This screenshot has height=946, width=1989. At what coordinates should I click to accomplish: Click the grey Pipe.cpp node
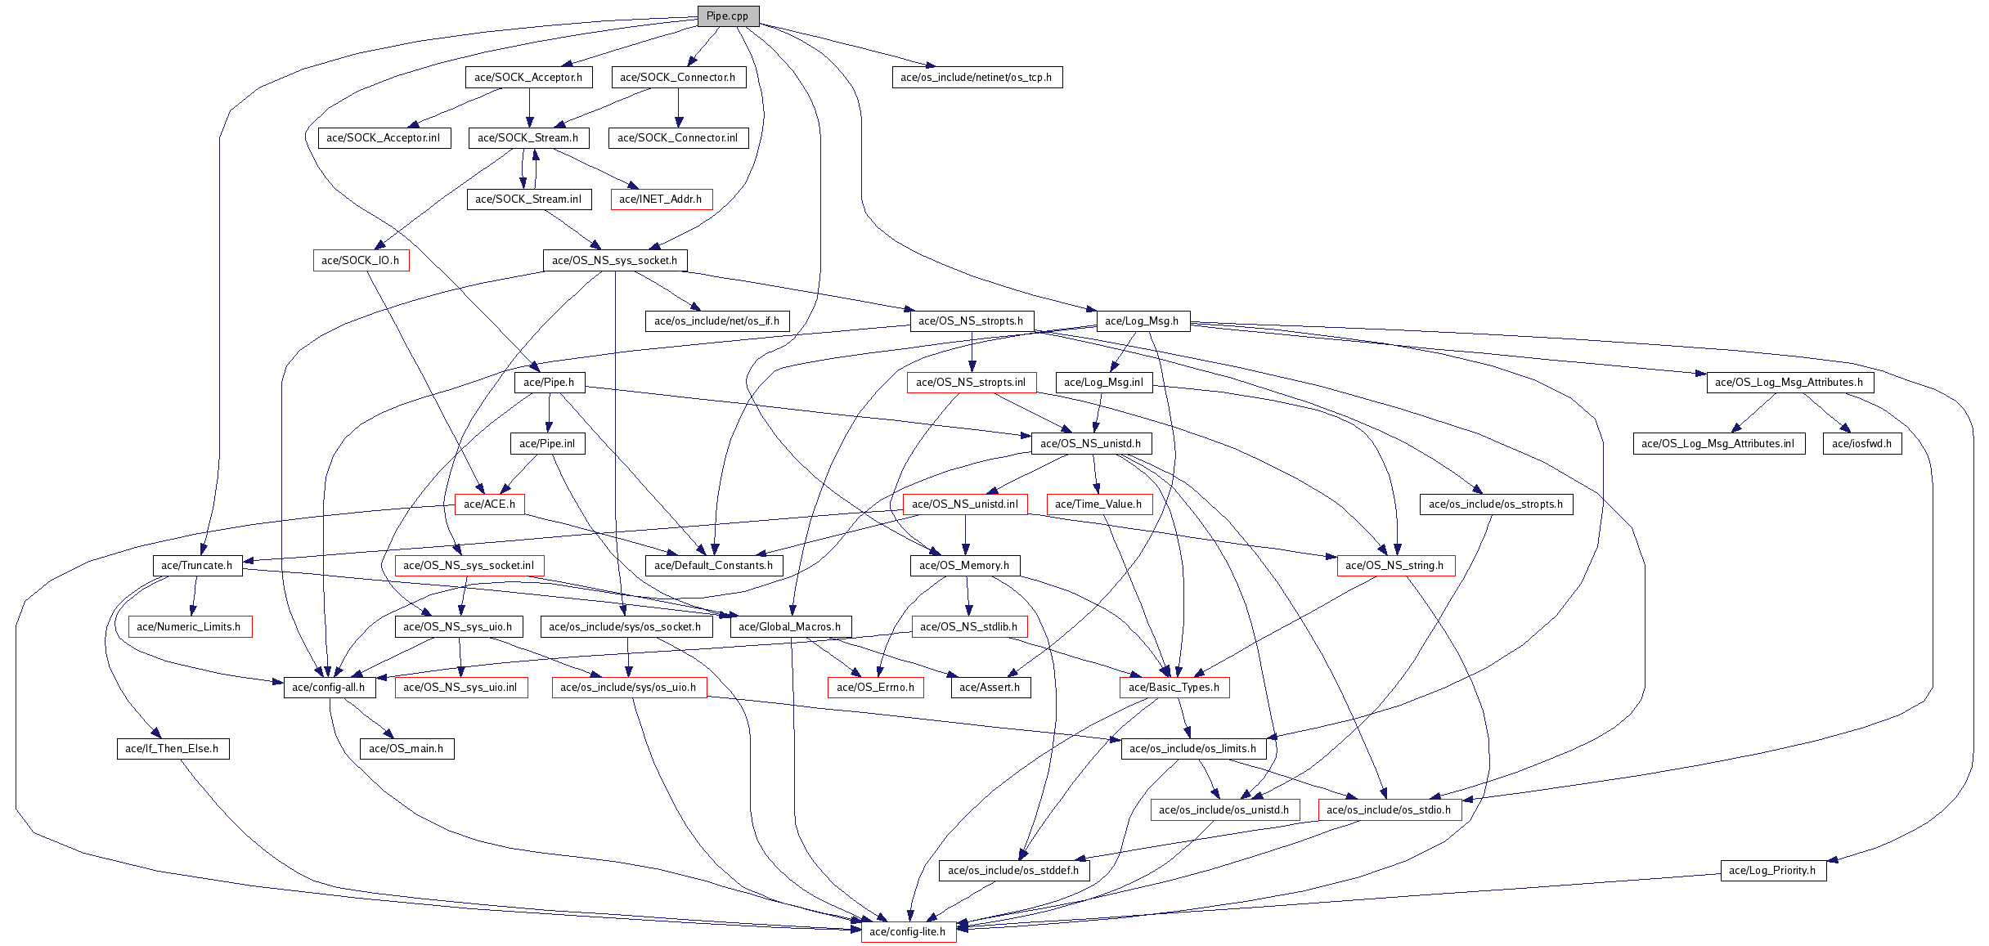(727, 16)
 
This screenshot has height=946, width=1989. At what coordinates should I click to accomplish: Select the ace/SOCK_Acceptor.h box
(528, 77)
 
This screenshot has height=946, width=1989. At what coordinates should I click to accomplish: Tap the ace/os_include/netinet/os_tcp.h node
(976, 77)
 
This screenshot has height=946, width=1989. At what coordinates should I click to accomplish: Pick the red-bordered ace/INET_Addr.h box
(661, 199)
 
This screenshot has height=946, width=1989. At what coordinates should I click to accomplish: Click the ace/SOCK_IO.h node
(361, 260)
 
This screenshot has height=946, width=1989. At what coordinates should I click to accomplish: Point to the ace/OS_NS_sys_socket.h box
(615, 260)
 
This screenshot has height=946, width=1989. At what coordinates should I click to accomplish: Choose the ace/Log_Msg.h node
(1142, 321)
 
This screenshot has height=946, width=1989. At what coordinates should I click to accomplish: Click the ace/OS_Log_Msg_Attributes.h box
(1789, 382)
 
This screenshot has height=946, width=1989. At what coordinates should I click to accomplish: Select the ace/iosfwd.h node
(1861, 443)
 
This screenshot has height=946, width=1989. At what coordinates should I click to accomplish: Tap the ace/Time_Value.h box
(1098, 504)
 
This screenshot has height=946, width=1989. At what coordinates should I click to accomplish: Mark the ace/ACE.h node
(489, 504)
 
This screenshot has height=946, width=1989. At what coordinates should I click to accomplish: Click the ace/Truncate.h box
(197, 565)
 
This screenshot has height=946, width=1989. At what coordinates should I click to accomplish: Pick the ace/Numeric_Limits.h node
(189, 626)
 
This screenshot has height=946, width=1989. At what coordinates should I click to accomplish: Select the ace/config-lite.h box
(908, 931)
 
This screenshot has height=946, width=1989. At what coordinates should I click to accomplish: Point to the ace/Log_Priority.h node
(1772, 870)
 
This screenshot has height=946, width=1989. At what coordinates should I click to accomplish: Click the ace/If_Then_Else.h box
(172, 748)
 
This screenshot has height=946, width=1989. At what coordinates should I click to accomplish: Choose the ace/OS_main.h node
(406, 748)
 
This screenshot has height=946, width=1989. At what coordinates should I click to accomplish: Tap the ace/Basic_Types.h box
(1174, 687)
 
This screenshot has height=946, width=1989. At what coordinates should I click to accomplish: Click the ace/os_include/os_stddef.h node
(1013, 870)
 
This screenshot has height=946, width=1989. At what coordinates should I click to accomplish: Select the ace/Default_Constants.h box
(714, 565)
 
